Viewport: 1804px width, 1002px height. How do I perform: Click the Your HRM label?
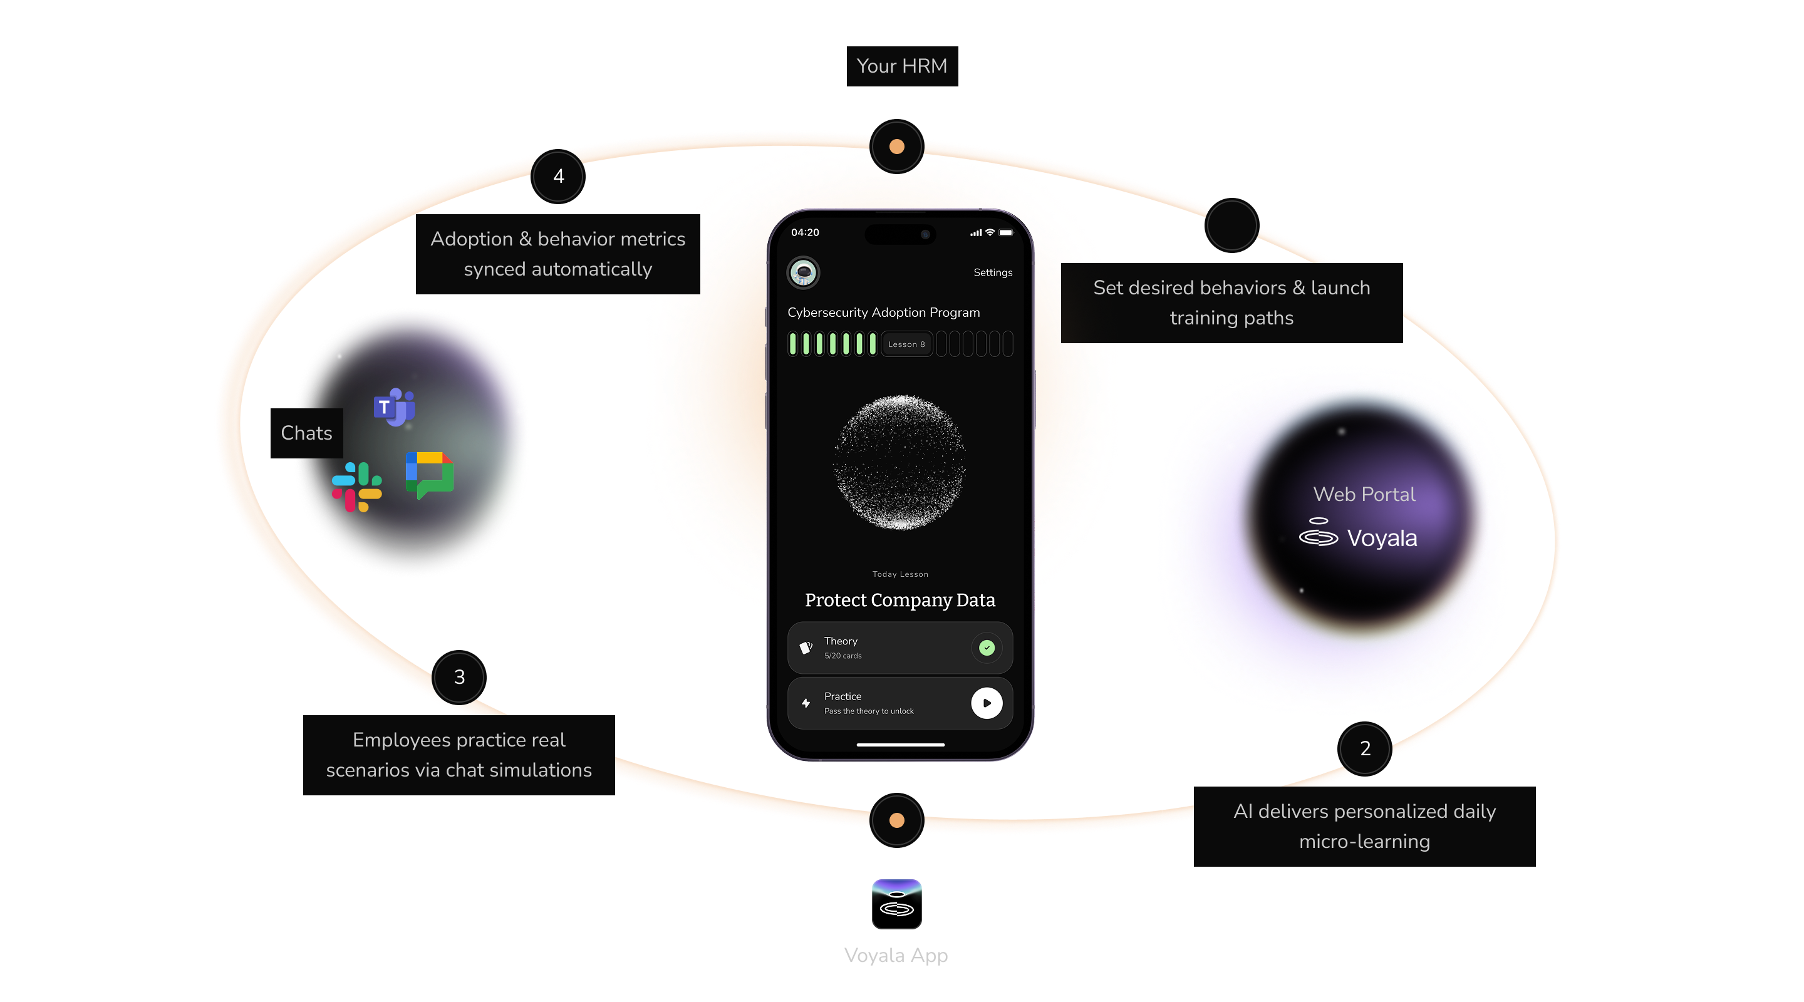click(x=901, y=66)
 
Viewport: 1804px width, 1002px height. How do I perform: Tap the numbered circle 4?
click(x=558, y=177)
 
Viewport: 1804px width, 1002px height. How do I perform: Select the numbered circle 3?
click(x=459, y=677)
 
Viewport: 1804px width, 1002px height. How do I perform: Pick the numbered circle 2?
click(x=1365, y=748)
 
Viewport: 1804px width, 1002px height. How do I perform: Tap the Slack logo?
click(x=356, y=487)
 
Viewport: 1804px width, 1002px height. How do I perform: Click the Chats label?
click(x=306, y=433)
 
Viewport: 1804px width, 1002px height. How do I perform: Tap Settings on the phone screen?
click(x=992, y=272)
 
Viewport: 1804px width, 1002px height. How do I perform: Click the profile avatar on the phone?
click(x=803, y=272)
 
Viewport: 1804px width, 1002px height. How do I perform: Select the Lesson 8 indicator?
click(x=906, y=344)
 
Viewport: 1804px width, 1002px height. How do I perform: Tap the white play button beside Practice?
click(x=986, y=703)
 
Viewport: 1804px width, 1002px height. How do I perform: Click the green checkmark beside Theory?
click(x=986, y=648)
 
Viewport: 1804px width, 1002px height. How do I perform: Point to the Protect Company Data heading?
click(x=900, y=600)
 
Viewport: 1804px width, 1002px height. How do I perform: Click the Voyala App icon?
click(x=896, y=904)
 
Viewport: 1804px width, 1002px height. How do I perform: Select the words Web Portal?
click(x=1364, y=494)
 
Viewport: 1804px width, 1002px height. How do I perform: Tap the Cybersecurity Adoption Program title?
click(x=883, y=312)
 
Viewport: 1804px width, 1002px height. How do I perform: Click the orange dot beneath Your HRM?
click(x=896, y=147)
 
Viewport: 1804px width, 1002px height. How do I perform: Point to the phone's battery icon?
click(x=1005, y=232)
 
